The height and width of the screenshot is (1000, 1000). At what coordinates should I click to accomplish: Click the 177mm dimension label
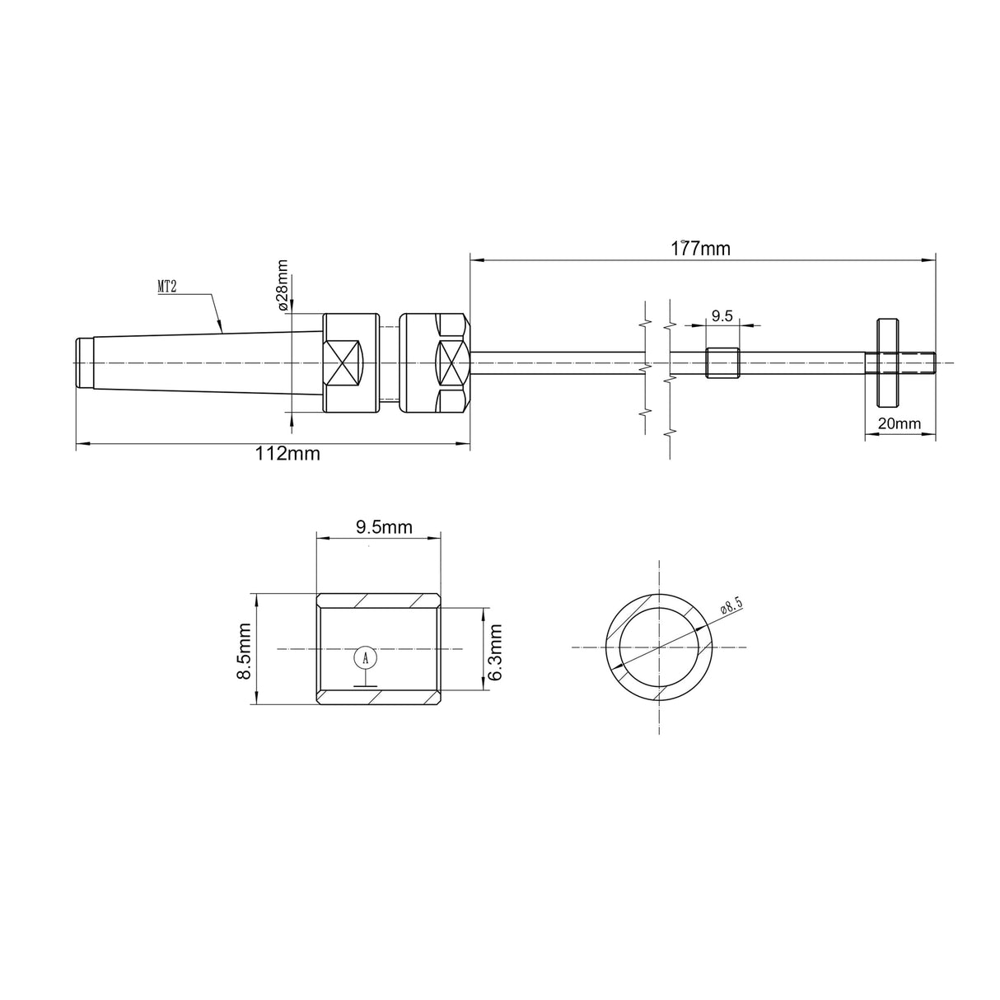point(700,248)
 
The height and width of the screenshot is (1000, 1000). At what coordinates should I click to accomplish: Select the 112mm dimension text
point(287,454)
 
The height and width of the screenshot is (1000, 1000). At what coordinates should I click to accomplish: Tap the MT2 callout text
point(168,287)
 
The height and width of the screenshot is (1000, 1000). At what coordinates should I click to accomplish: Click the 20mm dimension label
point(899,423)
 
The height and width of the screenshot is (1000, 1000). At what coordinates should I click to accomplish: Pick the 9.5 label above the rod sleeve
point(722,315)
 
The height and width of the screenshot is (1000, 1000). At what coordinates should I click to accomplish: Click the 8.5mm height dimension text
point(244,651)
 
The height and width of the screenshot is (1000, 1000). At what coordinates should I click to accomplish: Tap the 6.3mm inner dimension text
point(495,651)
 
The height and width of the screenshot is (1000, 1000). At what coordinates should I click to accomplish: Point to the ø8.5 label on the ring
point(731,606)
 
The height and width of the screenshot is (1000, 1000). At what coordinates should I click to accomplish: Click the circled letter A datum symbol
point(366,657)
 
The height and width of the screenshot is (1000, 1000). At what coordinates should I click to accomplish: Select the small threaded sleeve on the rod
point(722,363)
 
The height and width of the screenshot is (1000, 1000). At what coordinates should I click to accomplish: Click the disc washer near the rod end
point(886,363)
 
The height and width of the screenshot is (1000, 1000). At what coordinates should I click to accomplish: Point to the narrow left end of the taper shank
point(83,362)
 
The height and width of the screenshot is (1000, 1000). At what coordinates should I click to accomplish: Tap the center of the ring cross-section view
point(659,647)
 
